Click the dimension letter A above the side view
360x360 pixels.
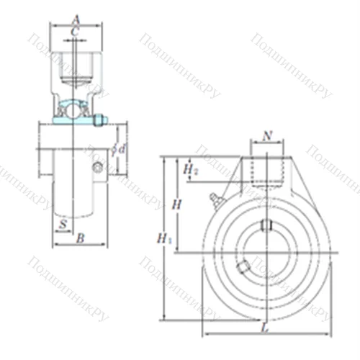click(x=76, y=19)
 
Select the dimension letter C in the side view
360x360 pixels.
click(x=76, y=31)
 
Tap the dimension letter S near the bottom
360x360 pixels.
click(x=63, y=224)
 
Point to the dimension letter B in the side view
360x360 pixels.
click(x=81, y=237)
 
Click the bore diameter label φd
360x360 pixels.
click(x=119, y=149)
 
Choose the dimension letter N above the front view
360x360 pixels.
click(x=268, y=135)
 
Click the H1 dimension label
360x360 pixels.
click(x=165, y=238)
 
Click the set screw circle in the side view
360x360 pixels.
click(x=98, y=168)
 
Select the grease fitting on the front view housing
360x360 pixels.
click(x=214, y=198)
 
